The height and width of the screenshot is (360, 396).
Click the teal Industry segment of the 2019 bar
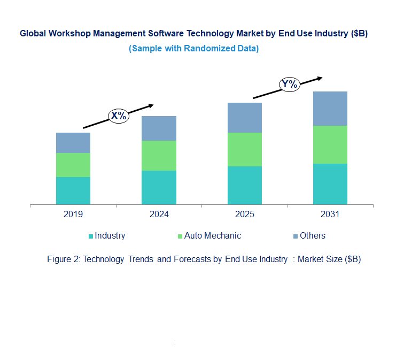(x=73, y=190)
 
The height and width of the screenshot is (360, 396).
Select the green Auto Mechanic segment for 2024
(x=159, y=156)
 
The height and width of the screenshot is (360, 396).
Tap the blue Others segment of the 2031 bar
(x=330, y=109)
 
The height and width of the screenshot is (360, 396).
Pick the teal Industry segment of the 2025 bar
(x=244, y=185)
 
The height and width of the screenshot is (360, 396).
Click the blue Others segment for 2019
(x=73, y=143)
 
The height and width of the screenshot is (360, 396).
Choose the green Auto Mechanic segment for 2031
(x=330, y=144)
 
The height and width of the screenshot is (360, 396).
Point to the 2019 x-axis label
(x=73, y=215)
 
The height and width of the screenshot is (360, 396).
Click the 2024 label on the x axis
(x=159, y=215)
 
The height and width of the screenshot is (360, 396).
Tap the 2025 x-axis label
(x=244, y=215)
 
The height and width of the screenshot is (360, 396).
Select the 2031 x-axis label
(x=330, y=215)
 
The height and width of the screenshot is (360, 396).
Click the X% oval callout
(x=119, y=116)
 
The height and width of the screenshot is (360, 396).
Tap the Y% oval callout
(x=290, y=84)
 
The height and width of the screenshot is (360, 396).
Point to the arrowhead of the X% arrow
(x=151, y=105)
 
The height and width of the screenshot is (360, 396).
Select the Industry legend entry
(x=106, y=236)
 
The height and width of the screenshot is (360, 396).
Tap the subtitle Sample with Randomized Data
(x=193, y=48)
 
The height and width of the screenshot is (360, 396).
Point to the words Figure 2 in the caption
(x=63, y=259)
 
